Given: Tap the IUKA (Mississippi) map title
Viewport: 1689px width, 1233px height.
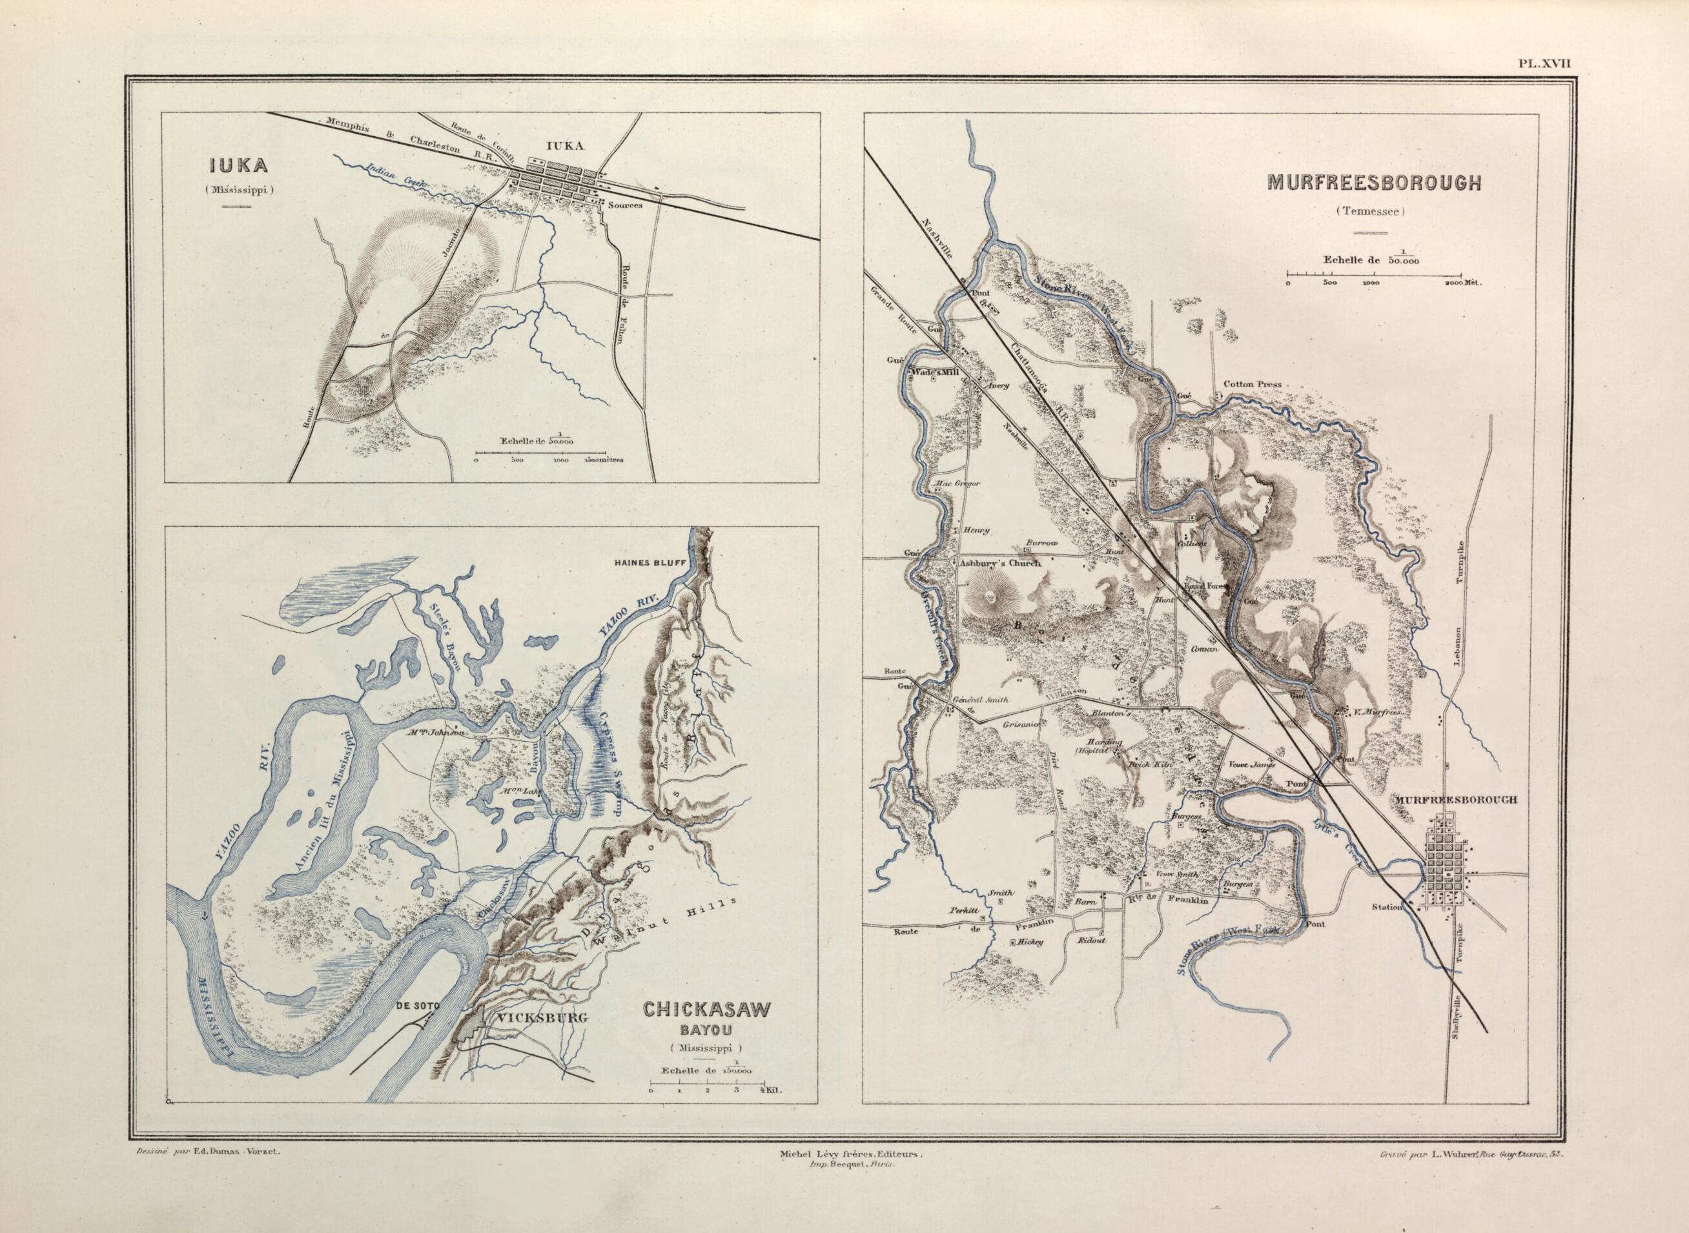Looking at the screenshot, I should pyautogui.click(x=242, y=167).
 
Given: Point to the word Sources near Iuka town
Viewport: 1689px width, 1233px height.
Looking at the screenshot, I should pyautogui.click(x=626, y=205).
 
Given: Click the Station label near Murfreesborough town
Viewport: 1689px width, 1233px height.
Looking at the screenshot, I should pyautogui.click(x=1388, y=908).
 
